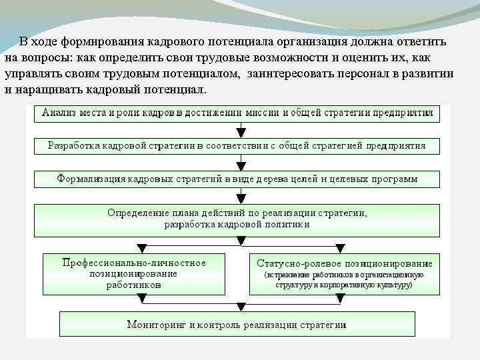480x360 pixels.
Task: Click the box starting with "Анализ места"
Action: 237,113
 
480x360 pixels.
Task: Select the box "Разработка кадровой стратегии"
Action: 237,145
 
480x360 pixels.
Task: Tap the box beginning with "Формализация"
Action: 237,179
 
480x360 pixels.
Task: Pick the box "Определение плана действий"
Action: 237,219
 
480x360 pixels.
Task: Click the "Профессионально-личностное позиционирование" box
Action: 134,273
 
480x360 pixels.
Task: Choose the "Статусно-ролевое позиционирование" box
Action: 344,273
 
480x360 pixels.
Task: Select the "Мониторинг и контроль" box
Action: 237,325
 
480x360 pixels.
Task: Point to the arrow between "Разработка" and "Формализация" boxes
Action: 241,162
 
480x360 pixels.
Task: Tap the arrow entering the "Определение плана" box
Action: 241,197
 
